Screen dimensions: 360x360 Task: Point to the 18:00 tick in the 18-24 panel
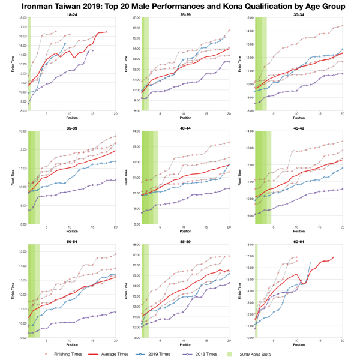[x=22, y=18]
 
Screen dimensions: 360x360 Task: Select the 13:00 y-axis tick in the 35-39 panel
[x=22, y=131]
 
